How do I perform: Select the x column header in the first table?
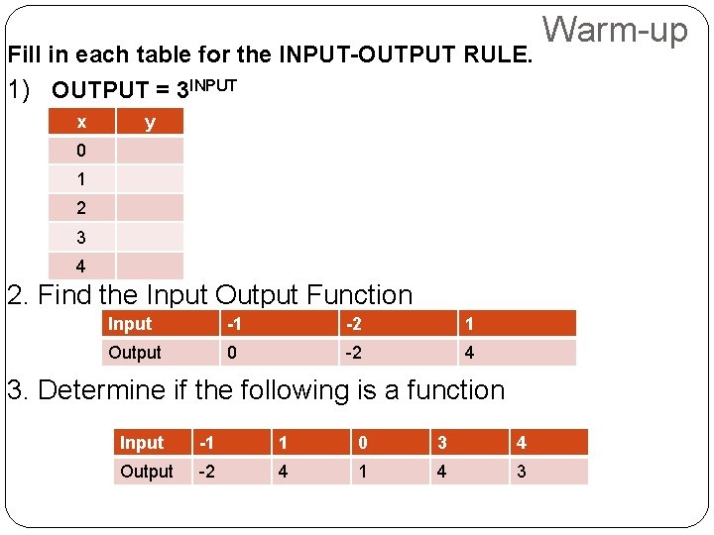pyautogui.click(x=81, y=122)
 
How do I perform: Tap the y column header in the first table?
pyautogui.click(x=150, y=122)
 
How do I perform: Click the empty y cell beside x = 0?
pyautogui.click(x=150, y=151)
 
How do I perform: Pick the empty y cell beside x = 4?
pyautogui.click(x=150, y=267)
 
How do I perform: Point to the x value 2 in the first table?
pyautogui.click(x=81, y=208)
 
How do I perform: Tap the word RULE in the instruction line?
pyautogui.click(x=500, y=53)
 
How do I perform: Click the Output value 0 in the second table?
pyautogui.click(x=231, y=353)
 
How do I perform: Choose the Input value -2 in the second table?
pyautogui.click(x=353, y=324)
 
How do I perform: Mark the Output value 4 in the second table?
pyautogui.click(x=469, y=353)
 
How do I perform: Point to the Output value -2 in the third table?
pyautogui.click(x=208, y=472)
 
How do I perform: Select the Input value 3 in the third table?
pyautogui.click(x=441, y=443)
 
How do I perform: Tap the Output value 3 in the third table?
pyautogui.click(x=522, y=472)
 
